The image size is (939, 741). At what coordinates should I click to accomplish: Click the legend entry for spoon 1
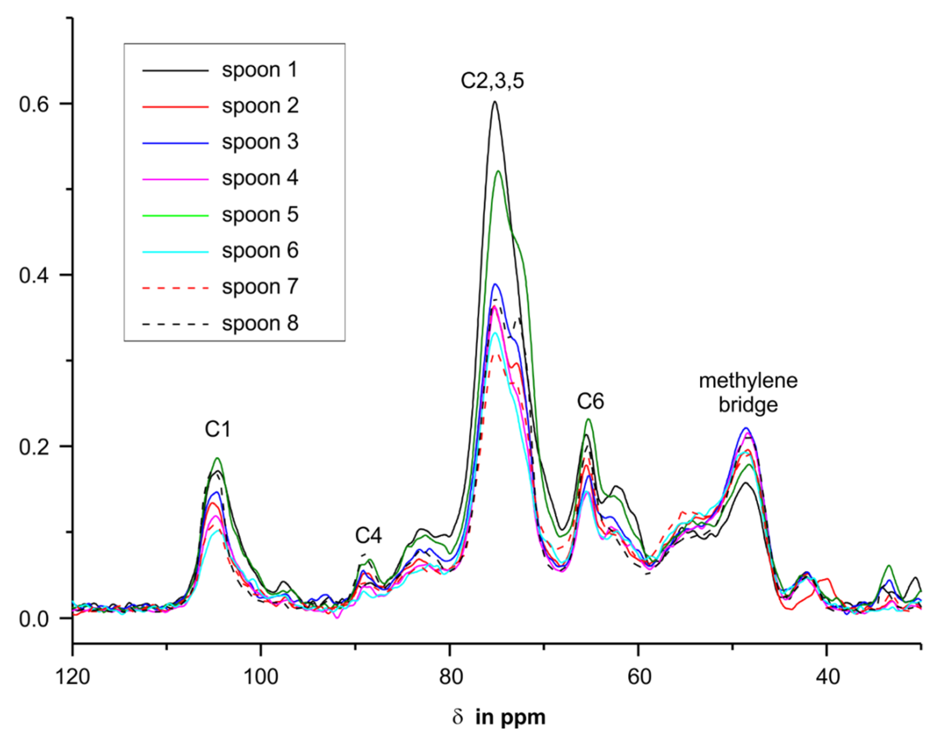tap(259, 70)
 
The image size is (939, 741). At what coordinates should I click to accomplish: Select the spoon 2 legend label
tap(259, 106)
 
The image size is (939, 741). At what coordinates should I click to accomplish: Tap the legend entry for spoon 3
tap(259, 142)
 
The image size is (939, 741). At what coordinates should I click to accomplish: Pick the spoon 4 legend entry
tap(259, 178)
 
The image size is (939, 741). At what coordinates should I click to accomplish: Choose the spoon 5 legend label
tap(259, 215)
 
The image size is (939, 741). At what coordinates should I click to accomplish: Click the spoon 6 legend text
tap(259, 251)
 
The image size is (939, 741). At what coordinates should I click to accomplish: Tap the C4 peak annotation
tap(368, 536)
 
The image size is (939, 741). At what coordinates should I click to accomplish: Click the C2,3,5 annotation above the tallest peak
tap(492, 81)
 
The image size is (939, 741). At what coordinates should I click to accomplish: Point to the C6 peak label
tap(590, 402)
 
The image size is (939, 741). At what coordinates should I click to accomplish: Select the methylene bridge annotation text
tap(748, 393)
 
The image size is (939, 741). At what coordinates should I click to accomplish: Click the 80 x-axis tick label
tap(450, 677)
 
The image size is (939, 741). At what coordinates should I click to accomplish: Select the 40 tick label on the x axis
tap(827, 677)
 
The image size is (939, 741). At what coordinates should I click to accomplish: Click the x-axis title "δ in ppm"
tap(498, 718)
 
